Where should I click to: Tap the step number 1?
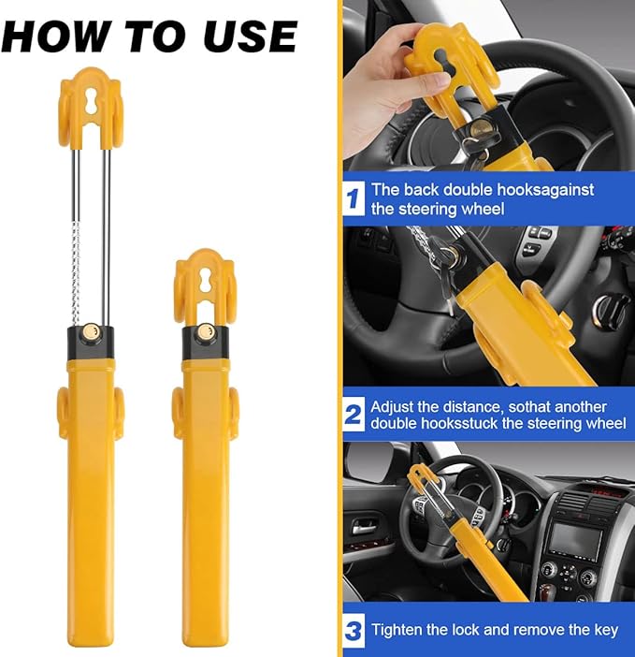[x=354, y=198]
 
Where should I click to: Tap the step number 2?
[x=354, y=415]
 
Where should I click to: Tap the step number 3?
[x=354, y=631]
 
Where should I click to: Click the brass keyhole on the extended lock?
[x=91, y=332]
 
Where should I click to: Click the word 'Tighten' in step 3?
[x=398, y=630]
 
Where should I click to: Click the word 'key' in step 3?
[x=604, y=630]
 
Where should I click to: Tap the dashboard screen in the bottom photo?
[x=571, y=540]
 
